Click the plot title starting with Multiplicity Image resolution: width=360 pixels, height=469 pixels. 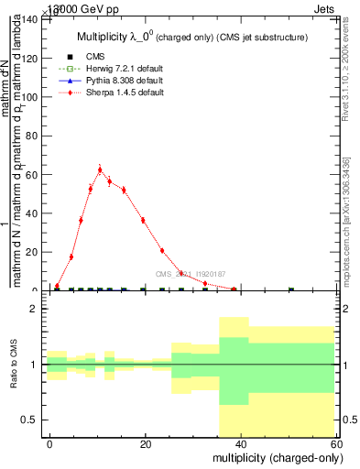click(190, 37)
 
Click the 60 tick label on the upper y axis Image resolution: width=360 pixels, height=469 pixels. click(34, 174)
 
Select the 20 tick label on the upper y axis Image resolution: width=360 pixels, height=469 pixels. click(34, 252)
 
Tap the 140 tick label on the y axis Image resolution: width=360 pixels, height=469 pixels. click(31, 19)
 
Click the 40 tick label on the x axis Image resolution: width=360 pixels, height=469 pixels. click(240, 443)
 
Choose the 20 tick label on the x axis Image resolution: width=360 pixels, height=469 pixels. click(145, 443)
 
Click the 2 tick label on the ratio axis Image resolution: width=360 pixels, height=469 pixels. click(38, 309)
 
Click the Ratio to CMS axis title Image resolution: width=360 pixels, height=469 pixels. click(14, 365)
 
